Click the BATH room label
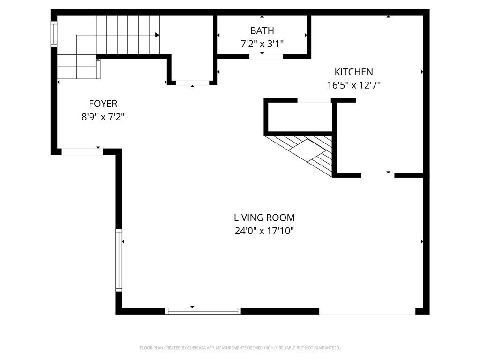point(262,31)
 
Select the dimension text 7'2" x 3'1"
point(262,44)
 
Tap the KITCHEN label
point(353,72)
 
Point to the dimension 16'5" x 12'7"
point(353,85)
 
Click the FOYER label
point(103,104)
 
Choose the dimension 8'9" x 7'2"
point(103,117)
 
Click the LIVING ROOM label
point(264,217)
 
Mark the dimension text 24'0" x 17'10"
point(264,231)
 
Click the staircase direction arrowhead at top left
point(157,35)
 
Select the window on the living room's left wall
point(119,260)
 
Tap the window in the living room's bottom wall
point(203,311)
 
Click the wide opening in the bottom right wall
point(367,311)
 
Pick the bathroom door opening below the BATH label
point(266,56)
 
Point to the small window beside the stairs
point(54,33)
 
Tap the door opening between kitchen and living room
point(377,175)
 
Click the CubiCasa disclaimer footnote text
point(240,348)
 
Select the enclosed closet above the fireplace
point(299,117)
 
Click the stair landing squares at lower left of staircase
point(77,67)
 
